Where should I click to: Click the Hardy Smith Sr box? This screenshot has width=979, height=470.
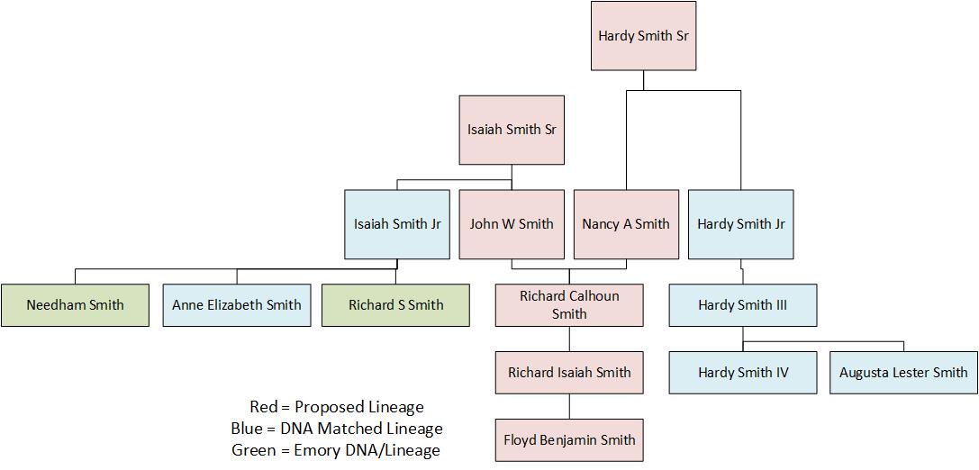(x=643, y=36)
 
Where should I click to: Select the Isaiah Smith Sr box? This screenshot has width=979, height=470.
(x=512, y=130)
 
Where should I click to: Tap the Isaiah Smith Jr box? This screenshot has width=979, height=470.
(x=397, y=224)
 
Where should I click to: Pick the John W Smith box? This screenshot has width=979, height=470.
(x=512, y=224)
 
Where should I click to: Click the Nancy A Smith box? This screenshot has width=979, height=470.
(x=626, y=224)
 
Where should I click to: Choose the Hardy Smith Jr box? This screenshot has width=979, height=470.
(x=740, y=224)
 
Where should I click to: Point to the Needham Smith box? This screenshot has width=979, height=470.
(x=75, y=305)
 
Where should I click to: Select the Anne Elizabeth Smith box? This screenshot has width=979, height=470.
(x=237, y=305)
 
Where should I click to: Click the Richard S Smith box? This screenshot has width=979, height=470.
(x=395, y=305)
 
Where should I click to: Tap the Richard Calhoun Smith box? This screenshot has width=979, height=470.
(x=569, y=305)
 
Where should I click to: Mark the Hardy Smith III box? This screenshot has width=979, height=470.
(x=742, y=305)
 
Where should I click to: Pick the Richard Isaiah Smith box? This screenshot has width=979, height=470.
(x=569, y=373)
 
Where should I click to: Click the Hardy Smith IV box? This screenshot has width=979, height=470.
(x=743, y=373)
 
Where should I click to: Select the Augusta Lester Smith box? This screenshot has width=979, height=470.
(x=903, y=373)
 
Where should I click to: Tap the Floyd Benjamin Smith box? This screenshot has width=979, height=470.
(x=569, y=440)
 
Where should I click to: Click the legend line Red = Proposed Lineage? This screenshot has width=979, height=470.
(x=336, y=407)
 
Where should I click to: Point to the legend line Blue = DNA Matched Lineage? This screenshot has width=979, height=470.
(x=336, y=429)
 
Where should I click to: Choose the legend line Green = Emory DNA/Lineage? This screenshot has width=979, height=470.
(x=336, y=449)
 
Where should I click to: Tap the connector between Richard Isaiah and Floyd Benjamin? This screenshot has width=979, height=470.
(x=569, y=406)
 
